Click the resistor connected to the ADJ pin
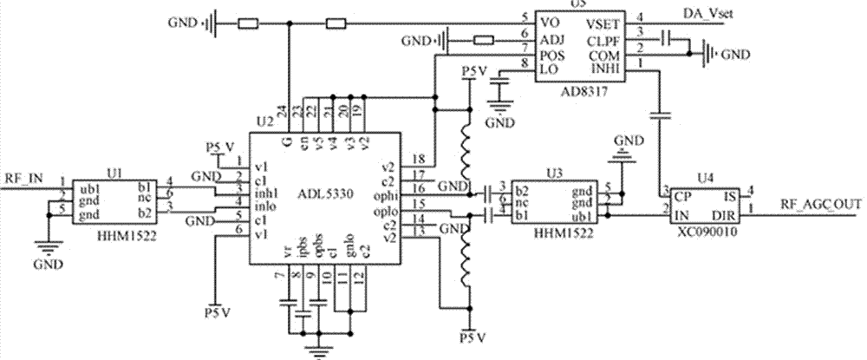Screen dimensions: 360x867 [484, 39]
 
